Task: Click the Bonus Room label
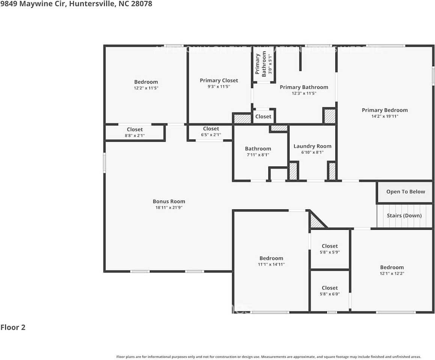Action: (169, 201)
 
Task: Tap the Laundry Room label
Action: (312, 146)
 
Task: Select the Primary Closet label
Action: (219, 80)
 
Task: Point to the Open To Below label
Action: (405, 192)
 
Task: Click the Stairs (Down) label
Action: (404, 216)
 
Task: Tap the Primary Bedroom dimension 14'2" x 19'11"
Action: (385, 116)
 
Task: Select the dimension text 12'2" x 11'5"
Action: (146, 88)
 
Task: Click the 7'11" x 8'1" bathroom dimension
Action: (258, 154)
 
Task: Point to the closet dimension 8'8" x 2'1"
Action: (134, 136)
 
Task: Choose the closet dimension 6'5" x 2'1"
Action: (211, 135)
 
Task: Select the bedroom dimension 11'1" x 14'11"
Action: (271, 264)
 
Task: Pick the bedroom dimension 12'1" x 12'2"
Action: (392, 273)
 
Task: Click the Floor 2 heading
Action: (13, 327)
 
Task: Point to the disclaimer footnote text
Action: (268, 357)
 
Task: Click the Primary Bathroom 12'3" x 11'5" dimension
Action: (304, 93)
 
